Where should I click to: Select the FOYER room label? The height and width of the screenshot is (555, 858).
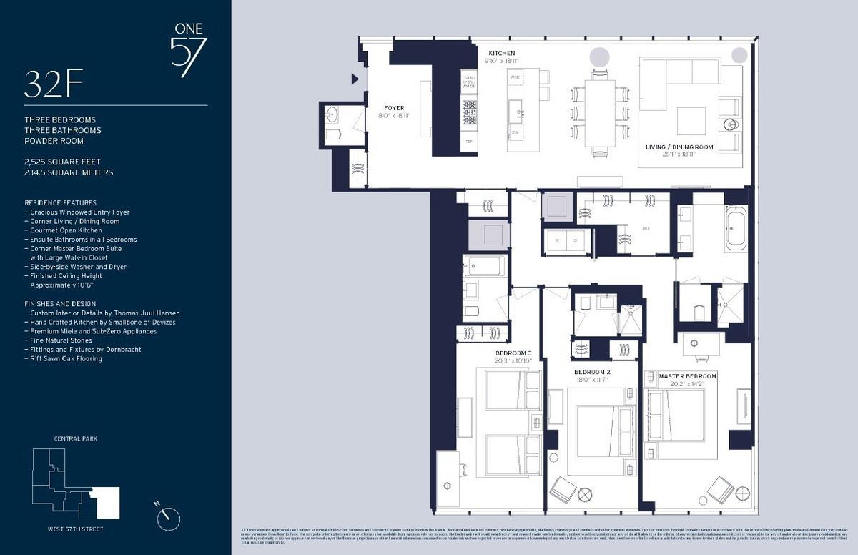point(394,108)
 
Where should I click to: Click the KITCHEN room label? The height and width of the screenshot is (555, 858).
point(501,54)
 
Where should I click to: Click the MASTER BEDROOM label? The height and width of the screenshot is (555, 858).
point(687,376)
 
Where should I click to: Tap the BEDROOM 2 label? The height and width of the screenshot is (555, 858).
point(592,373)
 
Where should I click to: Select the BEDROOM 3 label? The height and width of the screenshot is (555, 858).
point(513,353)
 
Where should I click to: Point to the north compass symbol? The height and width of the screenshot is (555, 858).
point(169,517)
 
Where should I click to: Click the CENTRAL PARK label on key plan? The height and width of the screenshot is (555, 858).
point(75,438)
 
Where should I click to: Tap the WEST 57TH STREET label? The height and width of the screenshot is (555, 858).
point(74,529)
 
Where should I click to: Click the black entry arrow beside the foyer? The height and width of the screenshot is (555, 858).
point(355,79)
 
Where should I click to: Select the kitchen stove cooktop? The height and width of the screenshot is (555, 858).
point(469,112)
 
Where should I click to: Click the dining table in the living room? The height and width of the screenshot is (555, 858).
point(599,112)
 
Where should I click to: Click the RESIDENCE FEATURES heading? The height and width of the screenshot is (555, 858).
point(60,203)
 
